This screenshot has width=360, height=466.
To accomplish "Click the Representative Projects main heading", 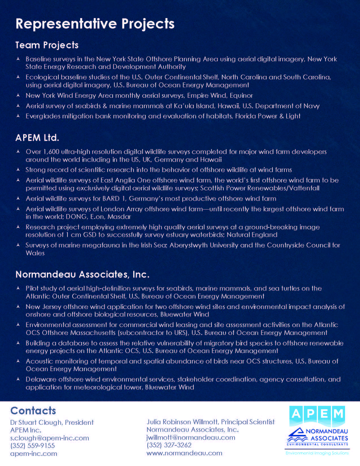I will point(95,24).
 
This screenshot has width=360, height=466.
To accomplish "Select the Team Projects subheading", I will point(47,45).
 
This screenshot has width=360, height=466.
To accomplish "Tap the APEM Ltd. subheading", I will point(37,138).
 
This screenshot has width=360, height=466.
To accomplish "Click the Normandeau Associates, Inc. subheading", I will point(82,275).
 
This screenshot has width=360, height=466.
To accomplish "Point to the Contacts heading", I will point(33,411).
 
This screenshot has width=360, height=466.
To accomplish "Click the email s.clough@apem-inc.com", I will point(49,438).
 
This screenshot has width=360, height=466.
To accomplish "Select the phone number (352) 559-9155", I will point(32,446).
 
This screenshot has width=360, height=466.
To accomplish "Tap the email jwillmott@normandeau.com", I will point(191,437).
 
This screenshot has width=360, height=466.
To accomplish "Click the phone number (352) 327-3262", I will point(169,445).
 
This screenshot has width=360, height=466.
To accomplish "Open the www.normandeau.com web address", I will point(184,453).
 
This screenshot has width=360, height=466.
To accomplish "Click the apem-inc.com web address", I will point(34,454).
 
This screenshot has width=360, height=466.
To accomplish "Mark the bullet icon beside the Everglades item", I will point(18,116).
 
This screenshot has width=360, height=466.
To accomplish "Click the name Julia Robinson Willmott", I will point(182,422).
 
